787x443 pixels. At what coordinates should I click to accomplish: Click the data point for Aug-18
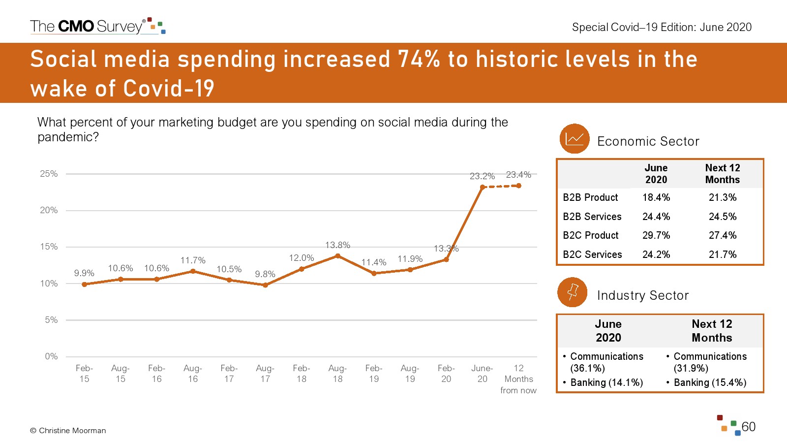click(337, 256)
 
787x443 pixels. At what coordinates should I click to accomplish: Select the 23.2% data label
click(482, 176)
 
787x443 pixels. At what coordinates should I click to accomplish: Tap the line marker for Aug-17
click(265, 285)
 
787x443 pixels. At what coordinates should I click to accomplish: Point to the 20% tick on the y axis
click(49, 210)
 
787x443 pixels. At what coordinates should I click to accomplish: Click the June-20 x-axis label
click(482, 374)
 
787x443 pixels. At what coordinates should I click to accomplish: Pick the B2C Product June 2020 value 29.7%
click(656, 235)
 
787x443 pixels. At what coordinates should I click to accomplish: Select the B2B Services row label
click(592, 217)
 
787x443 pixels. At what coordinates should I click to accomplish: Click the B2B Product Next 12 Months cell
click(722, 197)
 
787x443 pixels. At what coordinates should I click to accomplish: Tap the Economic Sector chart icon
click(574, 139)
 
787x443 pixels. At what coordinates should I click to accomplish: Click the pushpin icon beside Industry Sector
click(572, 292)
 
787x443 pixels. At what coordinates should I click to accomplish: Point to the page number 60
click(748, 427)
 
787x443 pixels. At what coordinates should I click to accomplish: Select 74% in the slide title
click(419, 60)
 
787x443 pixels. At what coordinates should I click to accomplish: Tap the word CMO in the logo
click(76, 27)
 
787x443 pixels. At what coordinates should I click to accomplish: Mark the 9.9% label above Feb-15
click(84, 273)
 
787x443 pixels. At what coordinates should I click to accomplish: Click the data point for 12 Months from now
click(518, 186)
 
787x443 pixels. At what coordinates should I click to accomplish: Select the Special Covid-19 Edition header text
click(662, 27)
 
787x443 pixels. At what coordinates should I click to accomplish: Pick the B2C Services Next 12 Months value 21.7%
click(722, 254)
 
